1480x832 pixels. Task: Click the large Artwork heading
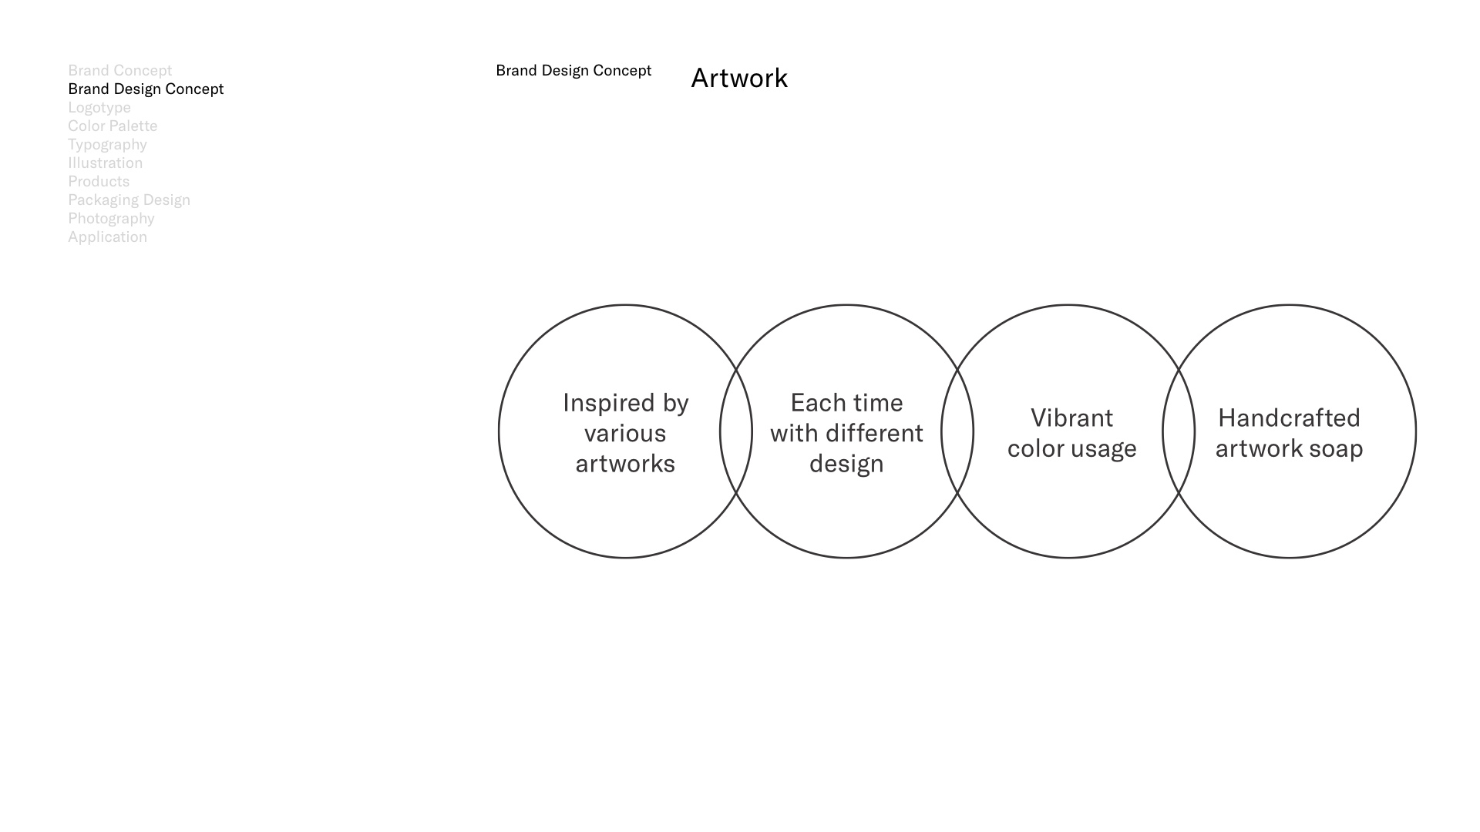coord(739,79)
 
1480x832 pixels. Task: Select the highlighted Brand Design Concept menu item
coord(146,89)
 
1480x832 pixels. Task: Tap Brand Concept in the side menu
coord(119,71)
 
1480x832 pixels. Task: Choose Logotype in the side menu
coord(99,108)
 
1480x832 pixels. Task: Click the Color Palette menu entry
coord(113,126)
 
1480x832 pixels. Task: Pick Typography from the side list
coord(107,145)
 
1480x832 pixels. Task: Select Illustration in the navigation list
coord(105,163)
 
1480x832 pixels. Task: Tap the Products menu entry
coord(99,181)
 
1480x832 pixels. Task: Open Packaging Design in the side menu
coord(129,200)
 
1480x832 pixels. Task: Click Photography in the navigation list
coord(111,219)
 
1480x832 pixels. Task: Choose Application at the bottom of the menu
coord(107,237)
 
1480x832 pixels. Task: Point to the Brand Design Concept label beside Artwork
coord(573,71)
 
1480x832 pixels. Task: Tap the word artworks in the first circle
coord(625,464)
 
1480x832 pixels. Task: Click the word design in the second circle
coord(846,465)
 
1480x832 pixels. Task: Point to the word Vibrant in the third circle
coord(1071,418)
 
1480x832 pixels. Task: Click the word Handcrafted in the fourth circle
coord(1289,418)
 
